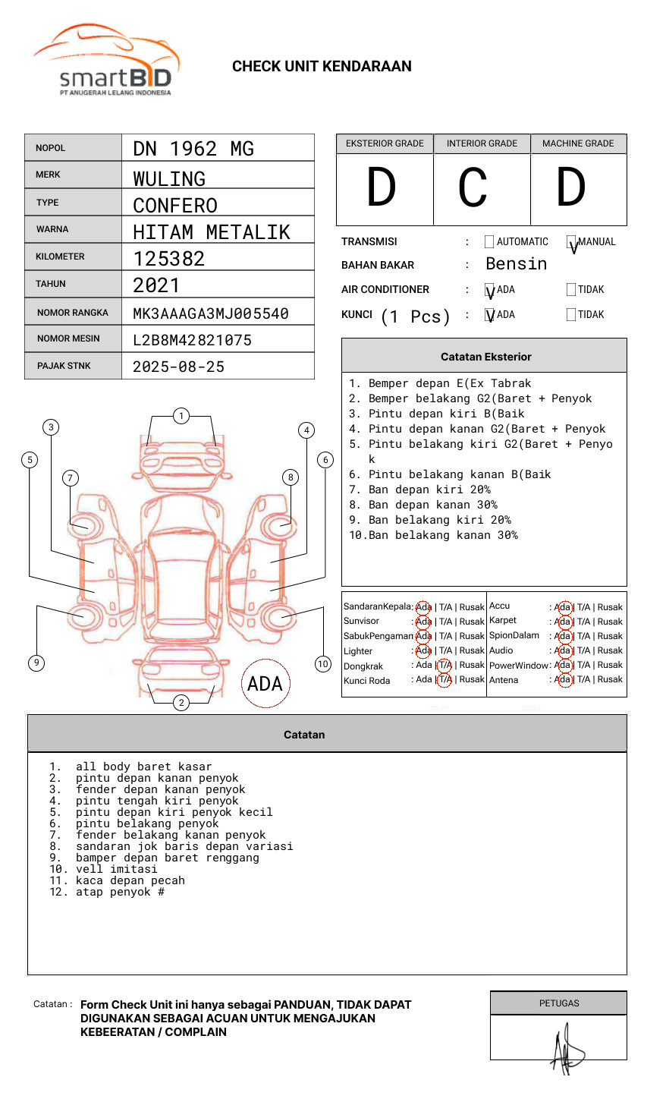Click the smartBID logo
click(x=106, y=61)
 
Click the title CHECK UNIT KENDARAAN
click(x=322, y=67)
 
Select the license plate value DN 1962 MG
click(x=193, y=149)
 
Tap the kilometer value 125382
click(x=169, y=259)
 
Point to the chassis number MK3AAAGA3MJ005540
click(x=211, y=313)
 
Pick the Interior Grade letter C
click(x=473, y=188)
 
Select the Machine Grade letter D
click(x=570, y=188)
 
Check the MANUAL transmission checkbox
click(x=571, y=242)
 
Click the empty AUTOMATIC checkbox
click(x=489, y=242)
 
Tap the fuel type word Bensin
click(x=516, y=264)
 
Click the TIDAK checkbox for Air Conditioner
click(x=571, y=290)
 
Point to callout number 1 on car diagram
click(x=181, y=416)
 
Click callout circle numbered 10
click(x=323, y=664)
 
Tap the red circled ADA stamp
click(x=265, y=684)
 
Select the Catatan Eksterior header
click(x=485, y=357)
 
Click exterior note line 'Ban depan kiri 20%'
click(x=429, y=490)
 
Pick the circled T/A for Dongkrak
click(x=445, y=665)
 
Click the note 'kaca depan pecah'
click(x=130, y=880)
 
